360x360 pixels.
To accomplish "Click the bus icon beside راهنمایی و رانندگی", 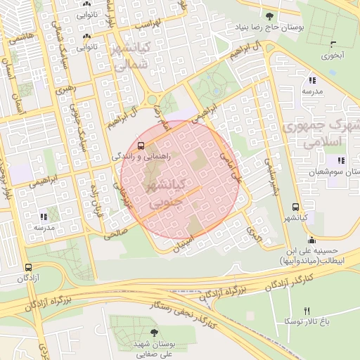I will (142, 146).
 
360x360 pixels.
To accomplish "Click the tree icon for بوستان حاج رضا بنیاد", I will (270, 15).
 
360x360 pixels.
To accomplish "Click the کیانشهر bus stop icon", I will (295, 207).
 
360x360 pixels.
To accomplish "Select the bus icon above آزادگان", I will (29, 268).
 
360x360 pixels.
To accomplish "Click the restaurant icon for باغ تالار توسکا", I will (307, 311).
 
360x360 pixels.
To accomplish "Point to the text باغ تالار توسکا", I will (307, 321).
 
